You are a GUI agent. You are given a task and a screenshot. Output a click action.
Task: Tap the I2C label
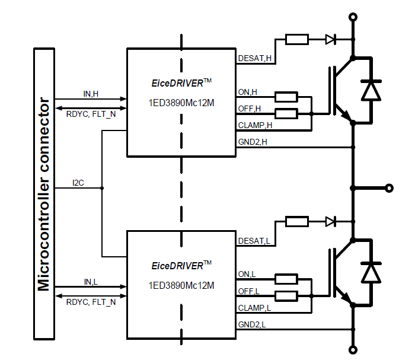[78, 183]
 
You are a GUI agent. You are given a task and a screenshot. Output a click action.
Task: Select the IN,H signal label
[91, 93]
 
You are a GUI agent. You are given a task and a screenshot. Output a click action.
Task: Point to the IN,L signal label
[91, 281]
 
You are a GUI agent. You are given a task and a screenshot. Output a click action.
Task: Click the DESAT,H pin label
[254, 58]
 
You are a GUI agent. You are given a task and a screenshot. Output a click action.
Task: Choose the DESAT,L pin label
[254, 241]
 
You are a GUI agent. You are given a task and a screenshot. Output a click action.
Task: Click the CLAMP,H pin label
[255, 125]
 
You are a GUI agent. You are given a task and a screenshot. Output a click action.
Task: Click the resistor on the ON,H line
[286, 97]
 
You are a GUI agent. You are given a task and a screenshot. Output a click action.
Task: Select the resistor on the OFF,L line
[286, 296]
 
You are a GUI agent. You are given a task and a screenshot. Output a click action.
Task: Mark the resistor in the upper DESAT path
[296, 40]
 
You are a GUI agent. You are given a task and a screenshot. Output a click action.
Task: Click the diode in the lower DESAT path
[331, 221]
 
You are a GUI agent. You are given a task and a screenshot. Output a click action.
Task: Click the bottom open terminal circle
[353, 349]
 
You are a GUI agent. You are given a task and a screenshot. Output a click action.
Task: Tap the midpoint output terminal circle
[389, 189]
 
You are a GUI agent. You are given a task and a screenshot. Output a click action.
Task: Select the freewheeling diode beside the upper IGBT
[372, 90]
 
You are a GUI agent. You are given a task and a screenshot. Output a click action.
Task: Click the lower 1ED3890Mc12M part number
[181, 285]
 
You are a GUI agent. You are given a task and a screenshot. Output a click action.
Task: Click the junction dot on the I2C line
[102, 189]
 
